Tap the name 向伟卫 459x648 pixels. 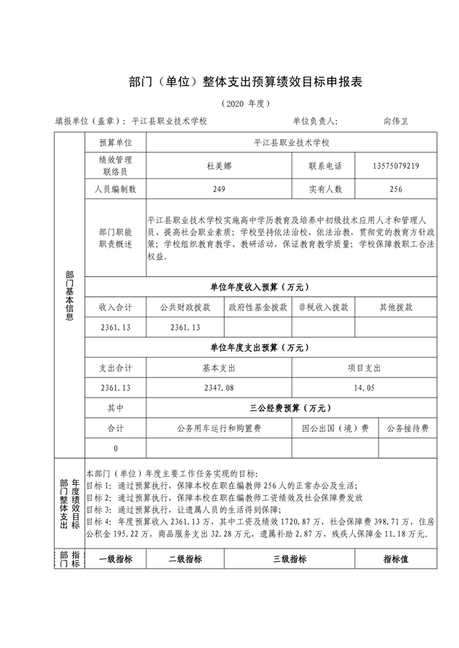[x=396, y=121]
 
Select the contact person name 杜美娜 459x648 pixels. [x=219, y=165]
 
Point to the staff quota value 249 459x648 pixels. [x=220, y=189]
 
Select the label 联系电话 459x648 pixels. [x=325, y=165]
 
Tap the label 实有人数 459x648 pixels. [x=325, y=189]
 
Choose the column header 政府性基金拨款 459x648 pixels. [x=258, y=307]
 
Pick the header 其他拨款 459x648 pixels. [x=396, y=307]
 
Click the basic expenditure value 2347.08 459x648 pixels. [x=220, y=388]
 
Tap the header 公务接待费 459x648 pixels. [x=408, y=428]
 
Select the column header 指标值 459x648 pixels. [x=396, y=559]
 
